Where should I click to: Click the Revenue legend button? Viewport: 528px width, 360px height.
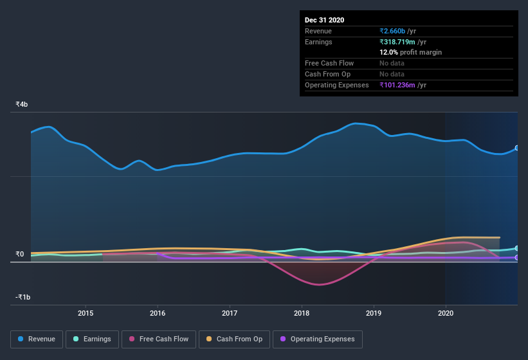click(37, 339)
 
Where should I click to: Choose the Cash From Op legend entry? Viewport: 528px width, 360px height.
click(233, 339)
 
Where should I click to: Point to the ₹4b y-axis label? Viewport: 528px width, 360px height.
click(22, 104)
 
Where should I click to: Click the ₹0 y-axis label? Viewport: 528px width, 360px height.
click(20, 254)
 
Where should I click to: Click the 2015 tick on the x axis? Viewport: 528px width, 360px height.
click(86, 313)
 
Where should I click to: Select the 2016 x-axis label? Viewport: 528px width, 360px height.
click(158, 313)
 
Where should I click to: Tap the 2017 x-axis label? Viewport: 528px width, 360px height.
click(230, 313)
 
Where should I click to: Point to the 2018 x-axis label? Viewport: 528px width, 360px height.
click(301, 313)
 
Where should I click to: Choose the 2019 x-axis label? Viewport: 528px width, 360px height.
click(373, 313)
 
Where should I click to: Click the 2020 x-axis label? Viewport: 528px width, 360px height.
click(445, 313)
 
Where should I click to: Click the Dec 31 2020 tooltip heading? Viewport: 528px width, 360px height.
click(324, 20)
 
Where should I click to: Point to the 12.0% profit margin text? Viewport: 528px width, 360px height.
click(410, 52)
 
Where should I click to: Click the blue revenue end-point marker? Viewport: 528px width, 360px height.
click(517, 148)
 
